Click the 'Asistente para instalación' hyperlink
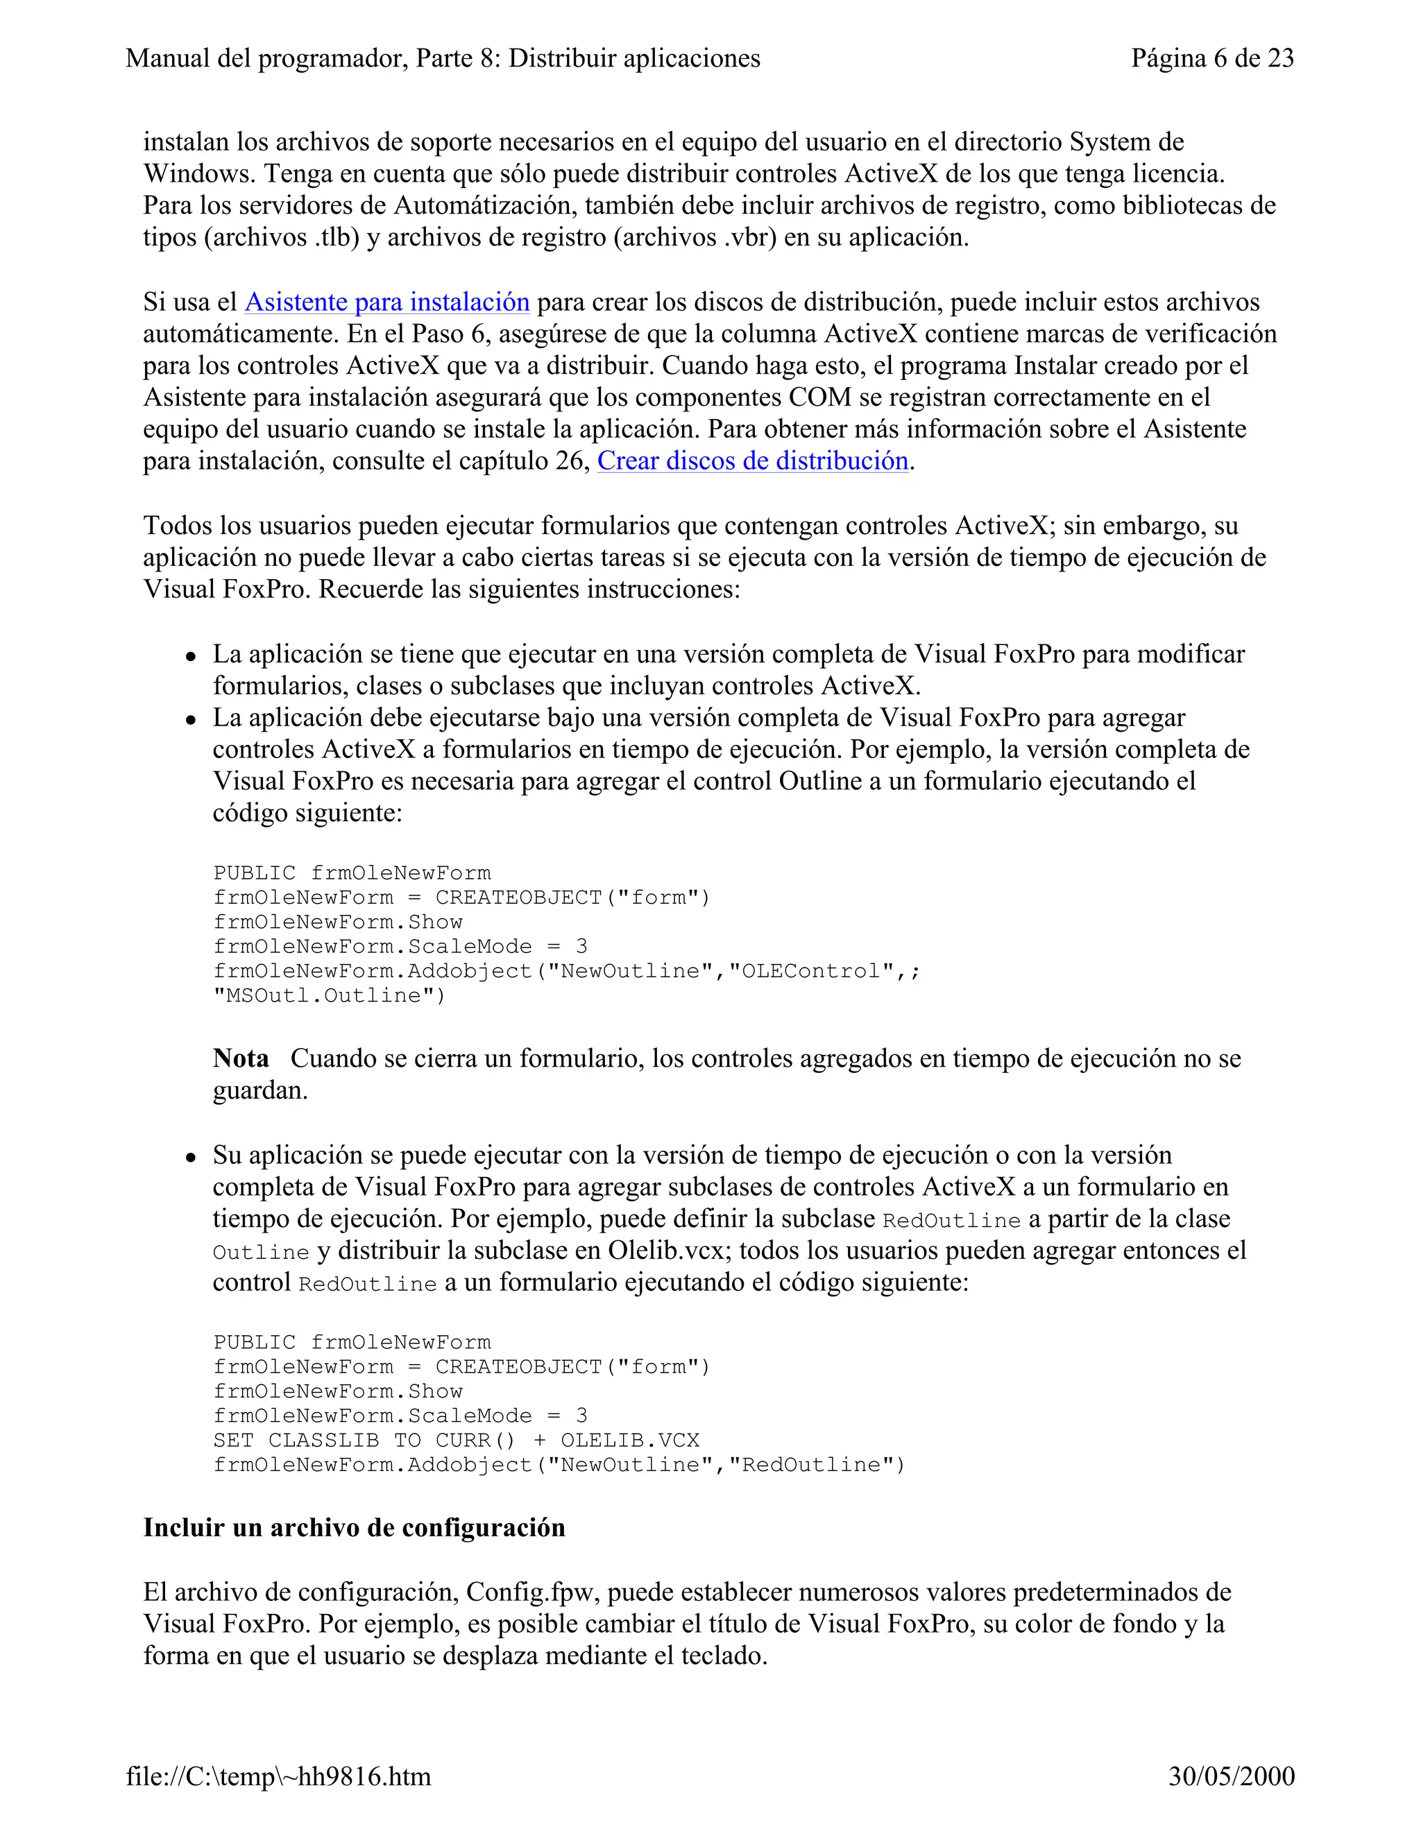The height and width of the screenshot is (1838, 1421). [x=386, y=302]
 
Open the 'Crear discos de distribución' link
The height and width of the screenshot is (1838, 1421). [x=753, y=461]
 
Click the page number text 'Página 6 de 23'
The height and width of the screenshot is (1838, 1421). [x=1211, y=58]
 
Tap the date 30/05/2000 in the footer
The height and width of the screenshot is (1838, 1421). [x=1231, y=1776]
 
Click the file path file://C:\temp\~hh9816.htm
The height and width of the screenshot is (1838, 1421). [x=279, y=1776]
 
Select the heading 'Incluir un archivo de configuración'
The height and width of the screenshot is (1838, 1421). [x=354, y=1527]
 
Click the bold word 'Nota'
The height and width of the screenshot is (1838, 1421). [x=241, y=1058]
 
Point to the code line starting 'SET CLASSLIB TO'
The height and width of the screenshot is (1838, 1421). [x=455, y=1440]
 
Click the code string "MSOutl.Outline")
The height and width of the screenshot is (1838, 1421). [x=329, y=995]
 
